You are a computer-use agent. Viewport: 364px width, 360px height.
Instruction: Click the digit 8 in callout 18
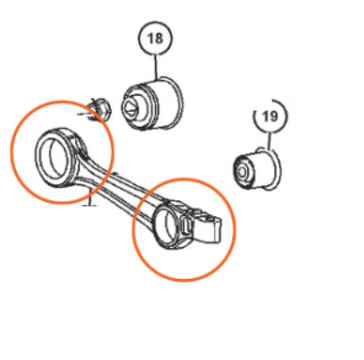click(159, 39)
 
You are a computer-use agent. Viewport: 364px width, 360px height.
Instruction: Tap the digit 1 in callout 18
click(150, 39)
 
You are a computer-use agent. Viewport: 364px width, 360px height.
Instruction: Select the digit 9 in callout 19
click(274, 116)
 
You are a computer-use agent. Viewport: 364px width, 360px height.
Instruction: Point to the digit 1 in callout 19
click(266, 116)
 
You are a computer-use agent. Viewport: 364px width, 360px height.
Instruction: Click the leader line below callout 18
click(156, 67)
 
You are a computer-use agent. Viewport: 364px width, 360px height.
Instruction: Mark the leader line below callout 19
click(269, 141)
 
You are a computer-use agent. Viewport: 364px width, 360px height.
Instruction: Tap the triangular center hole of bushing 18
click(129, 108)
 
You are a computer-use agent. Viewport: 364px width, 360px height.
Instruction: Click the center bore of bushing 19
click(242, 173)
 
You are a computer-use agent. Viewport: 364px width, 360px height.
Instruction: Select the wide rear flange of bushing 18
click(173, 103)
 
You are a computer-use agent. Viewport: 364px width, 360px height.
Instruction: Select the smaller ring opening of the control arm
click(167, 225)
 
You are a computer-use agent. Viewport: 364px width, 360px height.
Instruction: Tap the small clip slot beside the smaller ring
click(186, 226)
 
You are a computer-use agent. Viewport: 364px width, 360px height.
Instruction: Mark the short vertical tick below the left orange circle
click(90, 198)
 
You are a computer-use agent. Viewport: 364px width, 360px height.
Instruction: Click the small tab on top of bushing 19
click(260, 149)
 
